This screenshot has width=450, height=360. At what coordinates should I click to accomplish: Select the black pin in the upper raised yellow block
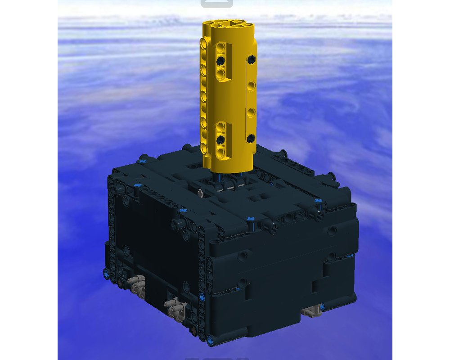point(220,60)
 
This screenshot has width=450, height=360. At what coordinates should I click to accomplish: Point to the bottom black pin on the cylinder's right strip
point(251,138)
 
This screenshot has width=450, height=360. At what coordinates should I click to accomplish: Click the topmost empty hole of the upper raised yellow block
point(220,47)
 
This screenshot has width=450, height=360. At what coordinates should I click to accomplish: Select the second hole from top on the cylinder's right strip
point(252,85)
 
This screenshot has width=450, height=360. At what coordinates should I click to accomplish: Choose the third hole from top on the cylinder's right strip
point(252,111)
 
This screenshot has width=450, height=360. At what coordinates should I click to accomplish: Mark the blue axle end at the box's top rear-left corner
point(143,161)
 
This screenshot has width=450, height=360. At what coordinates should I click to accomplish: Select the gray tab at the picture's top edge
point(216,4)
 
